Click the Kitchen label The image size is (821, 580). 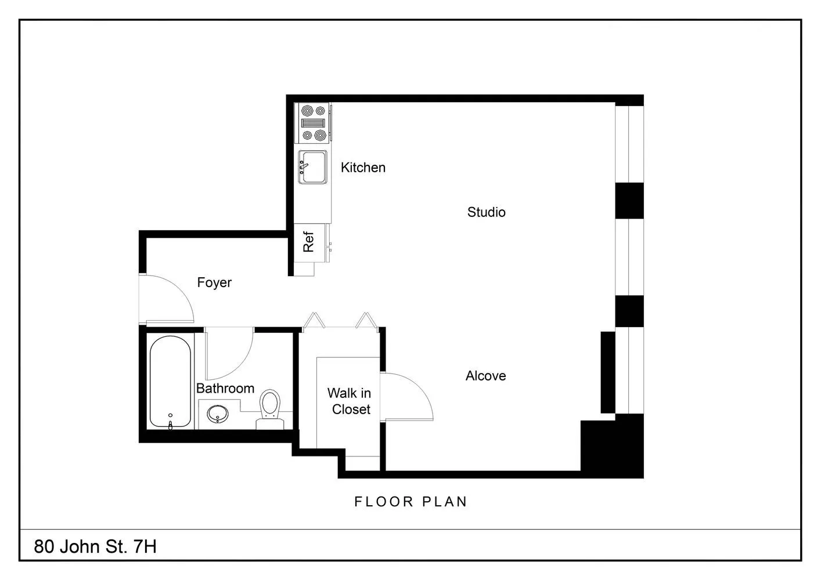tap(363, 168)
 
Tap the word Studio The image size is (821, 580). tap(486, 212)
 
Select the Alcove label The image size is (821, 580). tap(485, 376)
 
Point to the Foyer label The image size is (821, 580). tap(214, 282)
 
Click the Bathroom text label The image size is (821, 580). tap(225, 388)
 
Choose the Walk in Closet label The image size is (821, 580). tap(350, 401)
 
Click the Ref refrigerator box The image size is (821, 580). tap(310, 243)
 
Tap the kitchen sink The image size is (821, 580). tap(312, 167)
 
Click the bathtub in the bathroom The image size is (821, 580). tap(171, 382)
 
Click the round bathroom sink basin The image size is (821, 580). tap(218, 414)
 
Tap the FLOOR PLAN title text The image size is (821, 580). tap(411, 502)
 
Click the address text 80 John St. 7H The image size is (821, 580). tap(95, 546)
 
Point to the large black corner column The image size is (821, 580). tap(612, 446)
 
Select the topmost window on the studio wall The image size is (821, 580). tap(629, 144)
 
